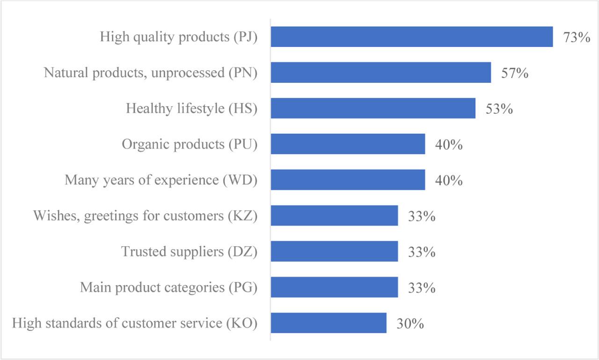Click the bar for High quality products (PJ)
[412, 37]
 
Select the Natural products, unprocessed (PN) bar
[381, 73]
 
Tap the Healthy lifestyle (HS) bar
[373, 108]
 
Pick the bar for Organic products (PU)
[348, 144]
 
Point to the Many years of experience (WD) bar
[348, 180]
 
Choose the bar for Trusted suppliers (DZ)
[334, 251]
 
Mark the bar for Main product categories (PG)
[334, 287]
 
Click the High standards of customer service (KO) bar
[329, 323]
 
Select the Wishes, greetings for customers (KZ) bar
[334, 216]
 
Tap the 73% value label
[577, 37]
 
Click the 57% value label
[514, 73]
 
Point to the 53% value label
[499, 109]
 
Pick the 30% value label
[410, 323]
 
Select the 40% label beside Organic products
[449, 145]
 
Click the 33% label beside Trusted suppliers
[421, 252]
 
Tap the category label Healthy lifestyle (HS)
[192, 109]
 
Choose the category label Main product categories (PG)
[168, 287]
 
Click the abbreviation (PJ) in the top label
[245, 37]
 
